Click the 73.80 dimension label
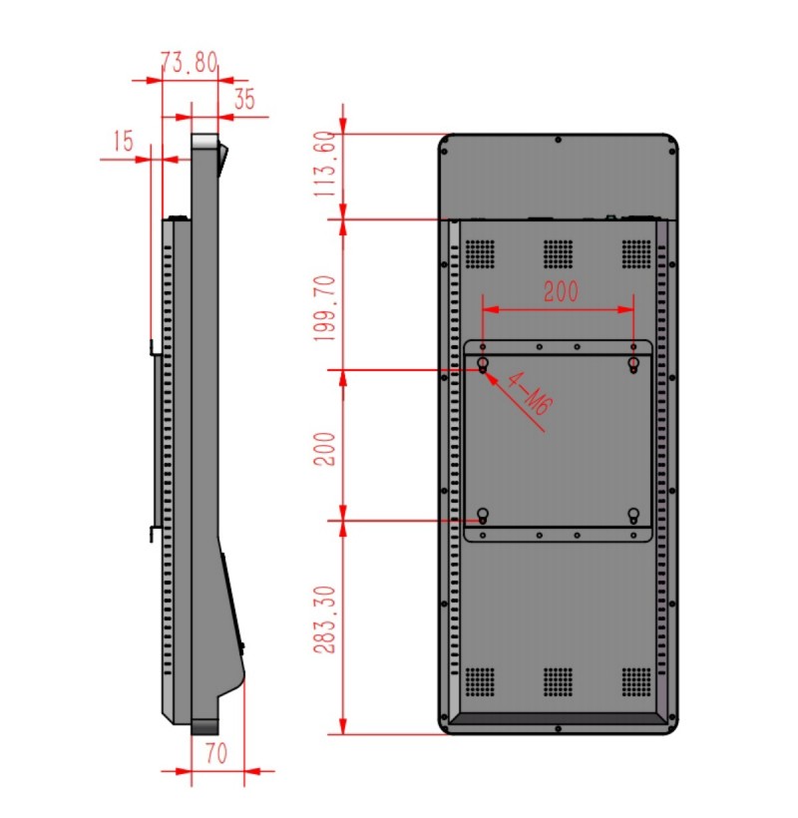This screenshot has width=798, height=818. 190,62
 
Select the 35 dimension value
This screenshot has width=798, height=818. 244,99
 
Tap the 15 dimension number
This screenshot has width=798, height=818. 124,141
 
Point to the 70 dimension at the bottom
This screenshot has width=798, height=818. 216,753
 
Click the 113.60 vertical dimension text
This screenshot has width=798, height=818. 324,164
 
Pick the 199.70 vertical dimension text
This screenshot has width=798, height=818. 324,308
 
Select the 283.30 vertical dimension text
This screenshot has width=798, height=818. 324,619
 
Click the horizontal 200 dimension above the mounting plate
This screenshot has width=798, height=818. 562,291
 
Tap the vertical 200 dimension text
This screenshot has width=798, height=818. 324,449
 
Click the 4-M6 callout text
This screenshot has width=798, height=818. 530,393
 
